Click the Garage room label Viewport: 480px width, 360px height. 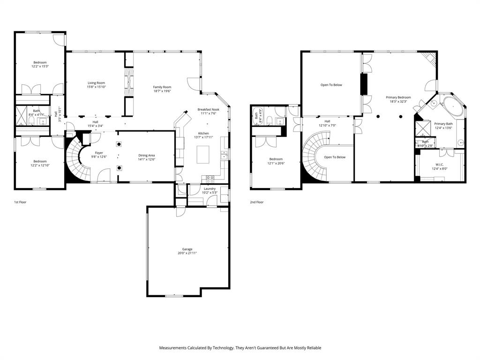click(187, 249)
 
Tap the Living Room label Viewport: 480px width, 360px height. click(96, 83)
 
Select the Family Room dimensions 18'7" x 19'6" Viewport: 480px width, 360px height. click(162, 91)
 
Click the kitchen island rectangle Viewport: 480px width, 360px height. click(203, 154)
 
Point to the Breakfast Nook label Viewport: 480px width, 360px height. click(208, 109)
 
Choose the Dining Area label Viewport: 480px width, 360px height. click(146, 155)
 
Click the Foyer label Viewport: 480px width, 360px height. click(99, 152)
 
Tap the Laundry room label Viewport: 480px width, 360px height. click(210, 188)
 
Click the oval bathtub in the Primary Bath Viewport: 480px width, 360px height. click(452, 106)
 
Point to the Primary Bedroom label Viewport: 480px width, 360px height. click(398, 97)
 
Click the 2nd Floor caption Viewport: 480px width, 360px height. click(257, 202)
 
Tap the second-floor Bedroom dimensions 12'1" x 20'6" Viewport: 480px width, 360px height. click(276, 163)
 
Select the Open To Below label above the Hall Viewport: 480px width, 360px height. click(331, 85)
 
